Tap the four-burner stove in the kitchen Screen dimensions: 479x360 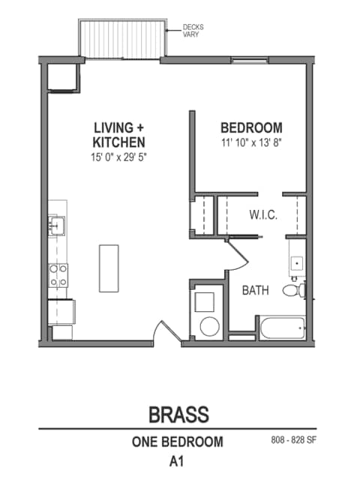tap(58, 275)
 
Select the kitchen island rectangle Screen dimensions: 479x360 tap(109, 268)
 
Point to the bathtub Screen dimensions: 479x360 tap(281, 327)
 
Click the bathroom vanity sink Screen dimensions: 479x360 tap(297, 262)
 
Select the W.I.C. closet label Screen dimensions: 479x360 tap(263, 215)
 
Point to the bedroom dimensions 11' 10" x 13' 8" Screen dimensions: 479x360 tap(251, 142)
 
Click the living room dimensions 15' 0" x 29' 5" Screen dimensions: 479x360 tap(118, 158)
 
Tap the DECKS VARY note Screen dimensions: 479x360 tap(193, 30)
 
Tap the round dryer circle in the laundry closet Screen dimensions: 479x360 tap(208, 326)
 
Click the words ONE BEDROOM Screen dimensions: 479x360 tap(178, 442)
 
